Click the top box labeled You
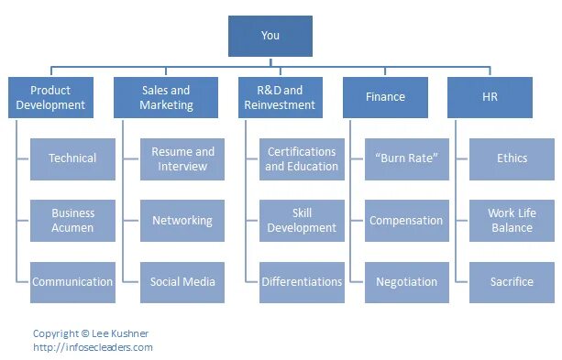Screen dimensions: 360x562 (x=270, y=36)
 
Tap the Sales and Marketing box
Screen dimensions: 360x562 (x=166, y=97)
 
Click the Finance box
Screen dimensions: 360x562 (x=385, y=97)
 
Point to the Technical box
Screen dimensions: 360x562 (x=72, y=158)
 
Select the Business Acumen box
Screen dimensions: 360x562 (x=72, y=220)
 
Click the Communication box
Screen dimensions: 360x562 (x=72, y=282)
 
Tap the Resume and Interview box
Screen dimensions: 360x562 (x=182, y=158)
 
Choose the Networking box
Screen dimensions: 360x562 (x=182, y=220)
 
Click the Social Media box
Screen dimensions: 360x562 (x=182, y=282)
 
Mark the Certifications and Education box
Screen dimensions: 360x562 (x=302, y=158)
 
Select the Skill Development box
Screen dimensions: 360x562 (x=302, y=220)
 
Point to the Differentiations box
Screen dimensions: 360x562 (x=302, y=282)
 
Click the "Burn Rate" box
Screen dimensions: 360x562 (x=406, y=158)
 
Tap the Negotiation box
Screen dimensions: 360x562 (x=406, y=282)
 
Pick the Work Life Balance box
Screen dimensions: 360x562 (x=512, y=220)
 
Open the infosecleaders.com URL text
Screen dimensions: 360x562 (x=93, y=347)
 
